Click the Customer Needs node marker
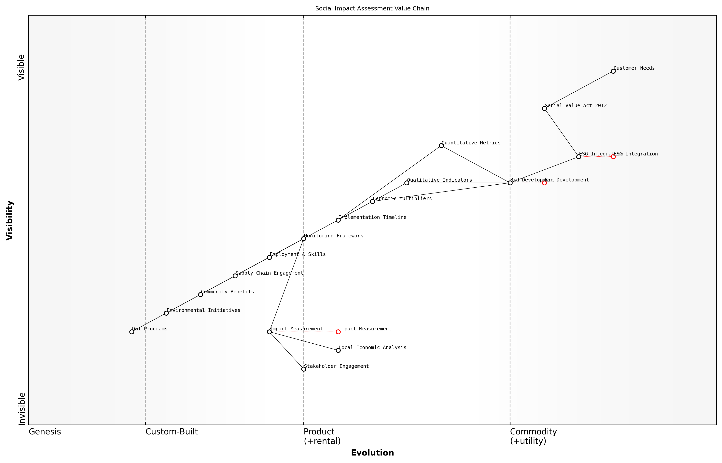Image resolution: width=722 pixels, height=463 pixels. coord(613,71)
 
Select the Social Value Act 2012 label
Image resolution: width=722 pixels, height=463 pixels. coord(576,106)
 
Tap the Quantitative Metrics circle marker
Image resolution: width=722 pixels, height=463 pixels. coord(441,146)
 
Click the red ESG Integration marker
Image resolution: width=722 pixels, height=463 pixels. coord(613,157)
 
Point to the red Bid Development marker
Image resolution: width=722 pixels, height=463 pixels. coord(544,183)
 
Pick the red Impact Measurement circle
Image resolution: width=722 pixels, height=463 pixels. coord(338,332)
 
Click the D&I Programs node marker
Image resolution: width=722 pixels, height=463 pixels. coord(132,332)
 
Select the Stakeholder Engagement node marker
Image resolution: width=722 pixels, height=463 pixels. coord(304,369)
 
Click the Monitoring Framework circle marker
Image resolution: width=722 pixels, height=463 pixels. coord(304,239)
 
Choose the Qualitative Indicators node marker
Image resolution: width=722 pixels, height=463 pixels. coord(407,183)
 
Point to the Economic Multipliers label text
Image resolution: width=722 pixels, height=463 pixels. coord(402,199)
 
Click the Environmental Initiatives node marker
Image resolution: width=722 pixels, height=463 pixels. coord(166,313)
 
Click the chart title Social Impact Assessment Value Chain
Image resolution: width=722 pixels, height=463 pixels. coord(372,9)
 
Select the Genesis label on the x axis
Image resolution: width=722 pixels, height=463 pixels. coord(45,432)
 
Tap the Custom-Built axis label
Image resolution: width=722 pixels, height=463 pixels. coord(172,432)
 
